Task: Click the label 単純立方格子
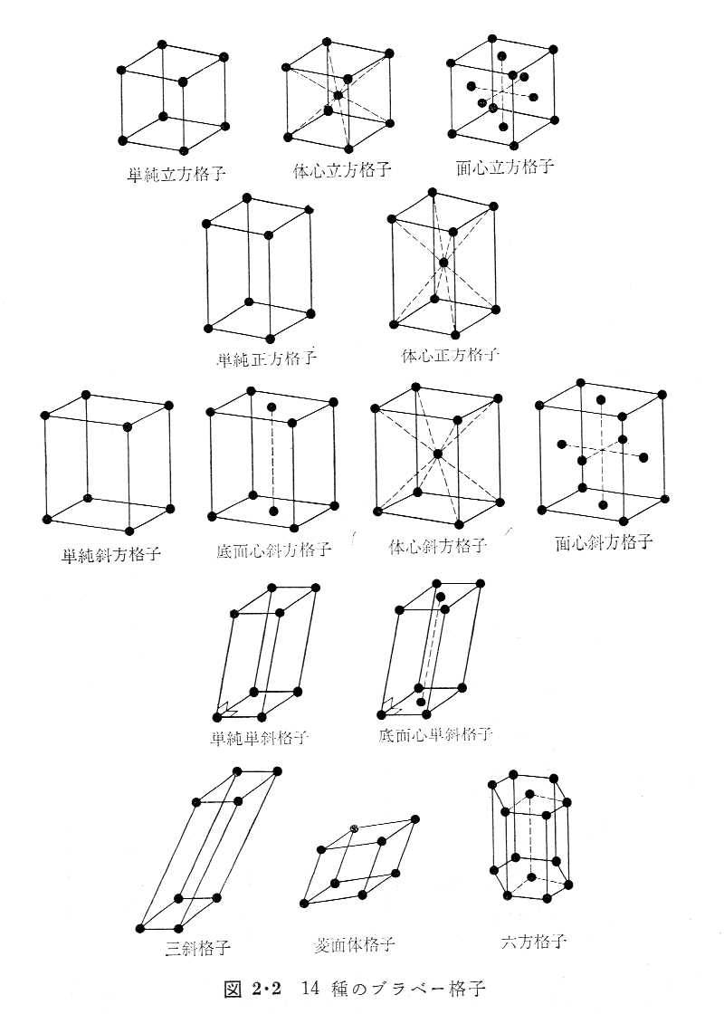pos(176,174)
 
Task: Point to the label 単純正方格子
pos(266,358)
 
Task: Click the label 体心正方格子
pos(450,355)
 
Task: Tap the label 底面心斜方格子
pos(274,550)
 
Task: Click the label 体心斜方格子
pos(438,547)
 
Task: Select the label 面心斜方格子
pos(604,542)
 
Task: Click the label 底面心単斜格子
pos(435,733)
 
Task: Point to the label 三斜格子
pos(197,949)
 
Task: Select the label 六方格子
pos(533,942)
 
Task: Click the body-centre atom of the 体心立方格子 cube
pos(337,95)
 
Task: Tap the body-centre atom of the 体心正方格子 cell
pos(443,263)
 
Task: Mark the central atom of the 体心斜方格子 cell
pos(437,453)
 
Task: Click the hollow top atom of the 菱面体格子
pos(355,828)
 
